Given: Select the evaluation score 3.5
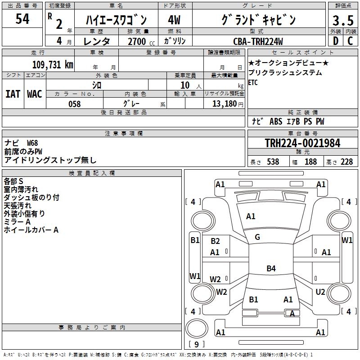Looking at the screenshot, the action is (x=343, y=21).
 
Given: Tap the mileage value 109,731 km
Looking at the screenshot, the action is (x=52, y=64).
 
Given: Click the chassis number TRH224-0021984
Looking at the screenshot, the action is (x=302, y=143).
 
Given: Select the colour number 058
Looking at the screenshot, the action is (x=74, y=104).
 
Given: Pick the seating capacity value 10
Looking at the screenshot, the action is (x=185, y=85).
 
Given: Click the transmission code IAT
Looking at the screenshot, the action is (x=13, y=94).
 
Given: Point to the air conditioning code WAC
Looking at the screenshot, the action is (x=35, y=94).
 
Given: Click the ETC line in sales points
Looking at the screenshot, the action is (x=253, y=82).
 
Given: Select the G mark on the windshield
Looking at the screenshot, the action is (x=257, y=237).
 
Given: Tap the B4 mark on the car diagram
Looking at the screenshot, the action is (x=271, y=269).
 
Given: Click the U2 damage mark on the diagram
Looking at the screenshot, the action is (x=320, y=292).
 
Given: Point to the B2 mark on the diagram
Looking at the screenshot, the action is (x=215, y=241).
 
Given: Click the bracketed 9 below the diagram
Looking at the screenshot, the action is (x=196, y=344).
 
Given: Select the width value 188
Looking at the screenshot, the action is (x=310, y=162).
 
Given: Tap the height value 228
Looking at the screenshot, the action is (x=346, y=162).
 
